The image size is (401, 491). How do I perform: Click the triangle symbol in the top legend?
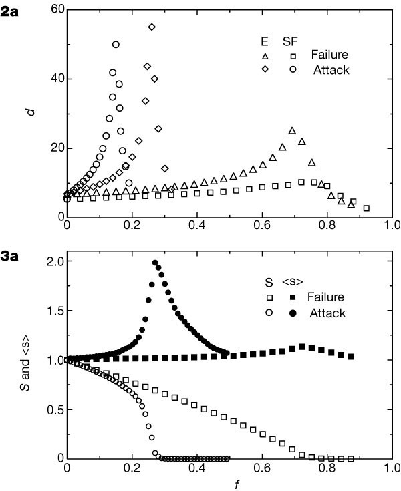click(265, 55)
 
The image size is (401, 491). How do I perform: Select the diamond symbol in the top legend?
click(265, 69)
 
